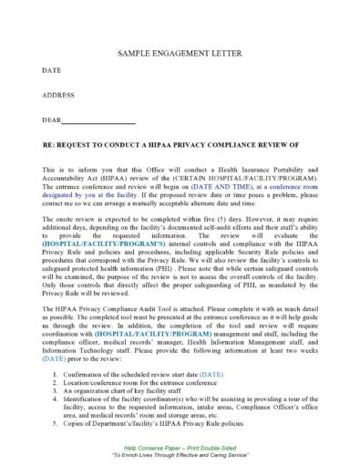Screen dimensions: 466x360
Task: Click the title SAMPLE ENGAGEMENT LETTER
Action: coord(179,55)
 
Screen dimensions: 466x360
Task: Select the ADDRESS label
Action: coord(59,95)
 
